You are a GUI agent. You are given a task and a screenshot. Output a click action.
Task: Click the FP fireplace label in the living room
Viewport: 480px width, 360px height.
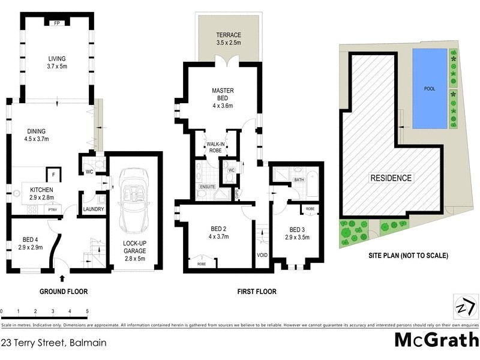(57, 23)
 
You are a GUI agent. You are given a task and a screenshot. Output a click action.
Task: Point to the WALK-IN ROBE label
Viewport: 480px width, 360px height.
(215, 148)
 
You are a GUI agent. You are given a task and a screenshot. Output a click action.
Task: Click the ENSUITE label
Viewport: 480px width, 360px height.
(208, 187)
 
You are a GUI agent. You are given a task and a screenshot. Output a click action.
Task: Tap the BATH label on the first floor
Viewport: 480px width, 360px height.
(298, 179)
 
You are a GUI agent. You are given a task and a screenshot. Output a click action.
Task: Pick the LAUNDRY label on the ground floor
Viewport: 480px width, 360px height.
(94, 209)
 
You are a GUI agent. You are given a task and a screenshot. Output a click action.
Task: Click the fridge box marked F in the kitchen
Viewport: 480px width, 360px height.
(53, 174)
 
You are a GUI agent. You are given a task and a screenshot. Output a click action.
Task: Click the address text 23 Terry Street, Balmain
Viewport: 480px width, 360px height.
(54, 343)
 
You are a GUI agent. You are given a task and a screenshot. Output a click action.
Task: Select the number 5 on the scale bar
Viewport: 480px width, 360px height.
(88, 311)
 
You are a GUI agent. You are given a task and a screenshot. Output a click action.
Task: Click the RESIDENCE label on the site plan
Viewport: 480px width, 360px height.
(391, 178)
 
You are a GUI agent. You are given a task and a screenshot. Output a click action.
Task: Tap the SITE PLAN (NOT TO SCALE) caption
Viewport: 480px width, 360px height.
(408, 255)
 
